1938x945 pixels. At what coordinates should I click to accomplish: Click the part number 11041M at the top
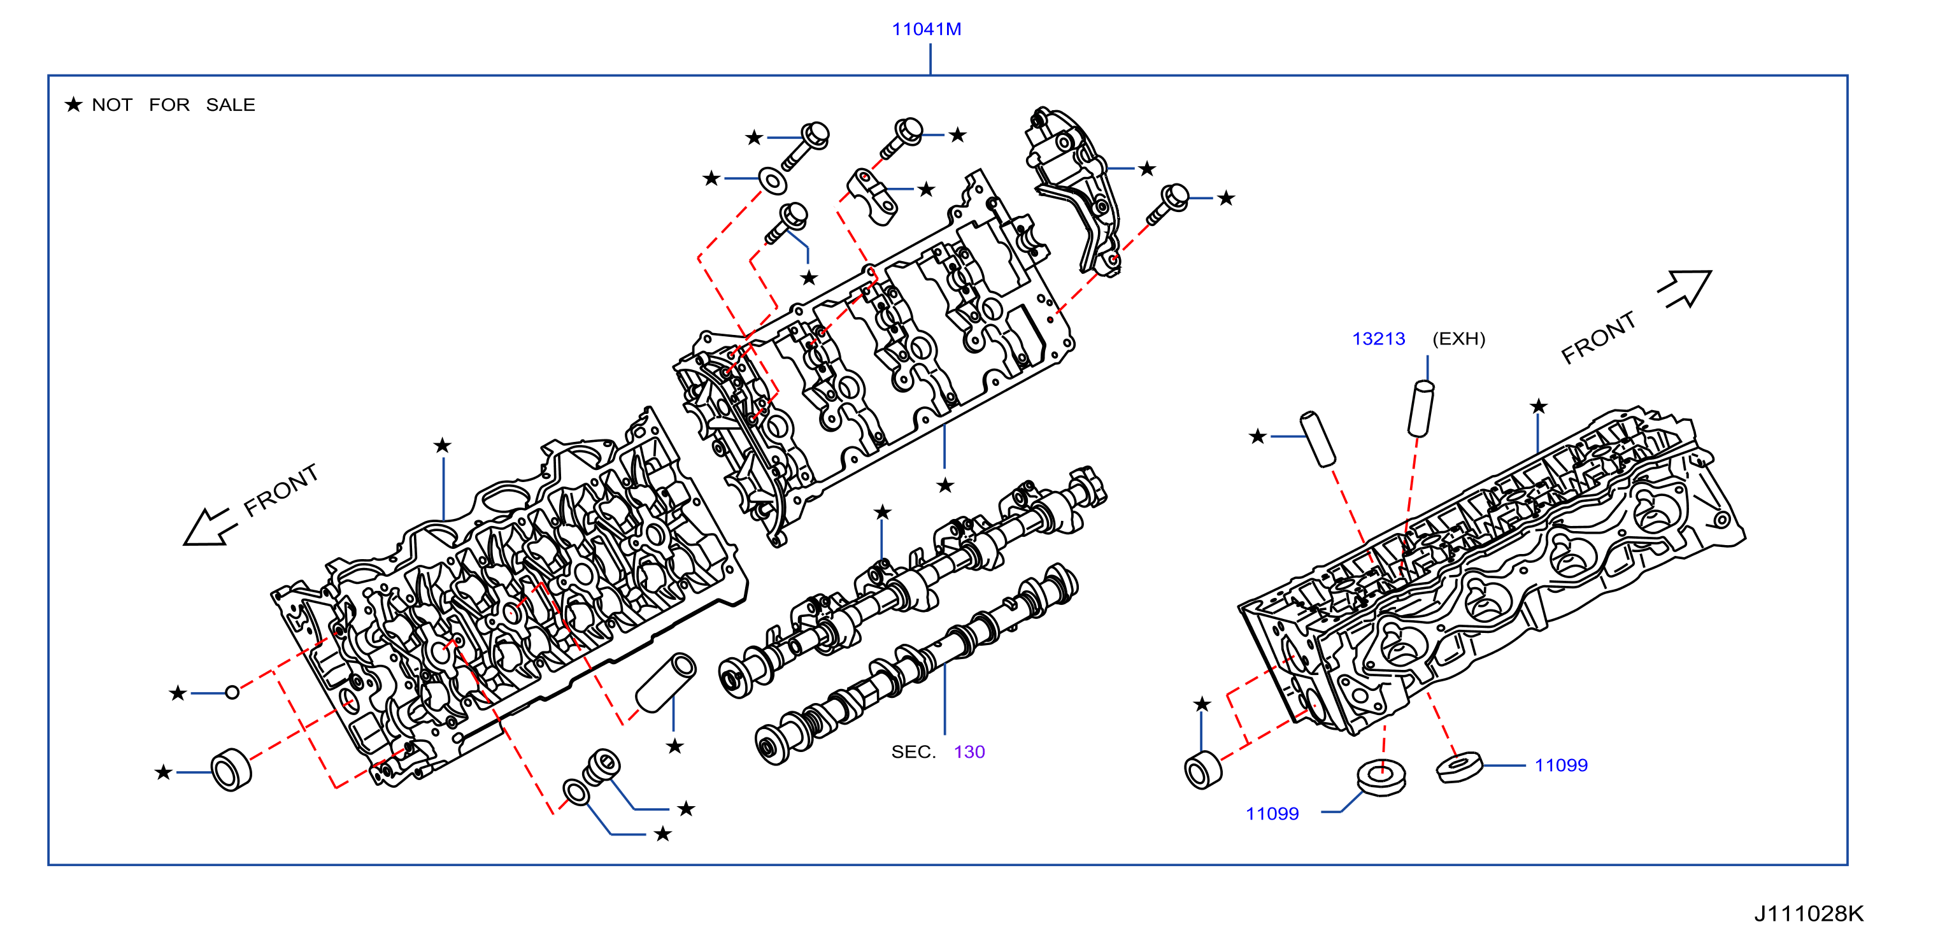[x=926, y=29]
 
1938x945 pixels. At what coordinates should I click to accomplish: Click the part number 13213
[x=1378, y=339]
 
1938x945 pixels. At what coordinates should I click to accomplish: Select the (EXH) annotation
[x=1459, y=339]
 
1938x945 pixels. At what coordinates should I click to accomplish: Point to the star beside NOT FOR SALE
[x=73, y=104]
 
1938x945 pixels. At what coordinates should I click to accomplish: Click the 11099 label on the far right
[x=1561, y=765]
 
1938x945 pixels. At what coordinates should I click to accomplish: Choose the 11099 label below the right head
[x=1272, y=813]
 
